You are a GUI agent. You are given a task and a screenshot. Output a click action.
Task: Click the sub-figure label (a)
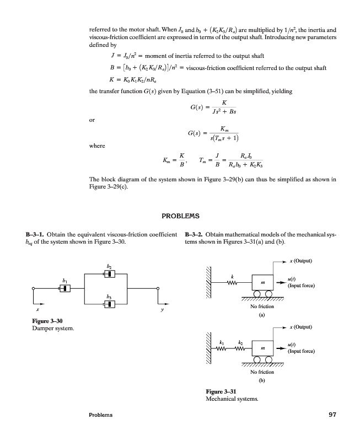click(x=262, y=316)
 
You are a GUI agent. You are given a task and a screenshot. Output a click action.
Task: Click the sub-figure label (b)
click(x=262, y=380)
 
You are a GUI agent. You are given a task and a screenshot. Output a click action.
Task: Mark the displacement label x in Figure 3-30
click(x=35, y=310)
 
